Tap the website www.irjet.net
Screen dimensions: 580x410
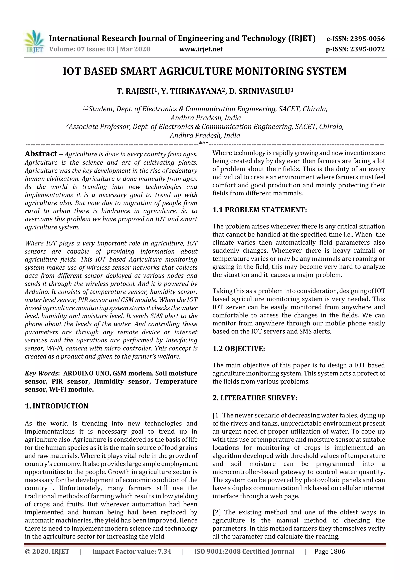[201, 49]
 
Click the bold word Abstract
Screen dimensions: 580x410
[41, 154]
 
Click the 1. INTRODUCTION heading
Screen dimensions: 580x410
[57, 406]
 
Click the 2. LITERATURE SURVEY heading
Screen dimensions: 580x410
[255, 398]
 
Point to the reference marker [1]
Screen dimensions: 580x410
[216, 416]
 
